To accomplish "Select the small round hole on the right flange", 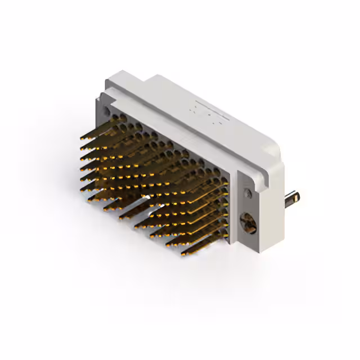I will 246,193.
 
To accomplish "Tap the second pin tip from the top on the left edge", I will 82,147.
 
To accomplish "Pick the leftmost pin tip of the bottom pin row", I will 88,198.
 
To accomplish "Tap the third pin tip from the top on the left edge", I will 82,157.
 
